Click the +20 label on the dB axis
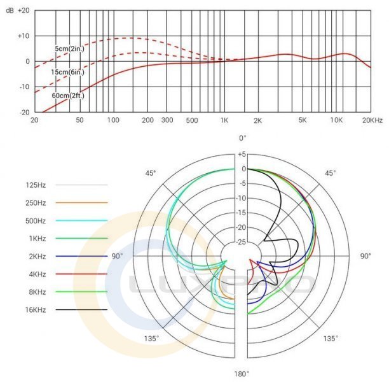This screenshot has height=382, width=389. pyautogui.click(x=24, y=11)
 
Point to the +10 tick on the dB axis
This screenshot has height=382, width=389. pyautogui.click(x=24, y=36)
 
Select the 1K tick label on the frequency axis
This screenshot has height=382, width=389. pyautogui.click(x=224, y=120)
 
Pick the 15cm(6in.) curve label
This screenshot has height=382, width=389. pyautogui.click(x=69, y=72)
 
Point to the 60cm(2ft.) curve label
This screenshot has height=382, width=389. pyautogui.click(x=69, y=96)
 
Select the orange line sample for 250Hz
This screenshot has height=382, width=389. pyautogui.click(x=81, y=202)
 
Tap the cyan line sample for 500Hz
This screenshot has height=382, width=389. pyautogui.click(x=81, y=220)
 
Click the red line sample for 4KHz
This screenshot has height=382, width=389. pyautogui.click(x=81, y=274)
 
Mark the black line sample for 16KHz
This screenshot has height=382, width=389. pyautogui.click(x=81, y=309)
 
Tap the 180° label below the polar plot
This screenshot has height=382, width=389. pyautogui.click(x=242, y=374)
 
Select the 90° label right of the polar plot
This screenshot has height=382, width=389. pyautogui.click(x=365, y=256)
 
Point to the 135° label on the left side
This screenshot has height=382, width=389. pyautogui.click(x=151, y=339)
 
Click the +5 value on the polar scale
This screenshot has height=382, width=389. pyautogui.click(x=242, y=154)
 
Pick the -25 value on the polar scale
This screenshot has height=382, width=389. pyautogui.click(x=242, y=242)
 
